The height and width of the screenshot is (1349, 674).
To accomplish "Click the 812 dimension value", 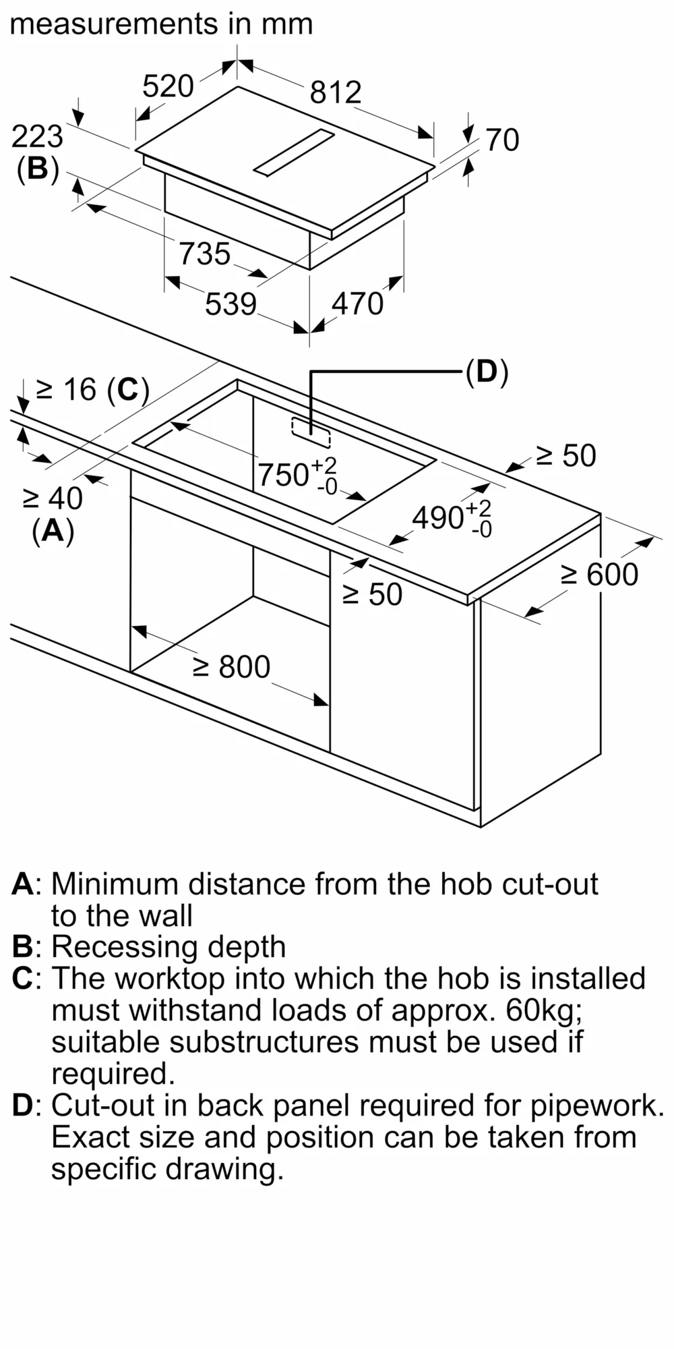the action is (336, 92).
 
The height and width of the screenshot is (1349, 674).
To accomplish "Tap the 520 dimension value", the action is (168, 86).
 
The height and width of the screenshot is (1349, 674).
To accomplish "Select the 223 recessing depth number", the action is (37, 137).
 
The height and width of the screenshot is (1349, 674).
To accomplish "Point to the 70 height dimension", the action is (502, 140).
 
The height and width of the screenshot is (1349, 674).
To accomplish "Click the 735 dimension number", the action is (205, 254).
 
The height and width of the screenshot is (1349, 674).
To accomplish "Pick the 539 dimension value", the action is (231, 304).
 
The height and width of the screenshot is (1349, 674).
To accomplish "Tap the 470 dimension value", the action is (357, 304).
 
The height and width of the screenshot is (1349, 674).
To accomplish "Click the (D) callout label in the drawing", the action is (487, 372).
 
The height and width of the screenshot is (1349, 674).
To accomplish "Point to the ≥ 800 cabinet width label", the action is (231, 666).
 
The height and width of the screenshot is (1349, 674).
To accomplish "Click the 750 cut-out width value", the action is (284, 475).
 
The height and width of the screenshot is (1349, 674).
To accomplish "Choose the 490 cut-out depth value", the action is (438, 518).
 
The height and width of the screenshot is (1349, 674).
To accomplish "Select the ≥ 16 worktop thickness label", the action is (92, 390).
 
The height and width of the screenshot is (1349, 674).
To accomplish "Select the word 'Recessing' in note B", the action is (125, 947).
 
